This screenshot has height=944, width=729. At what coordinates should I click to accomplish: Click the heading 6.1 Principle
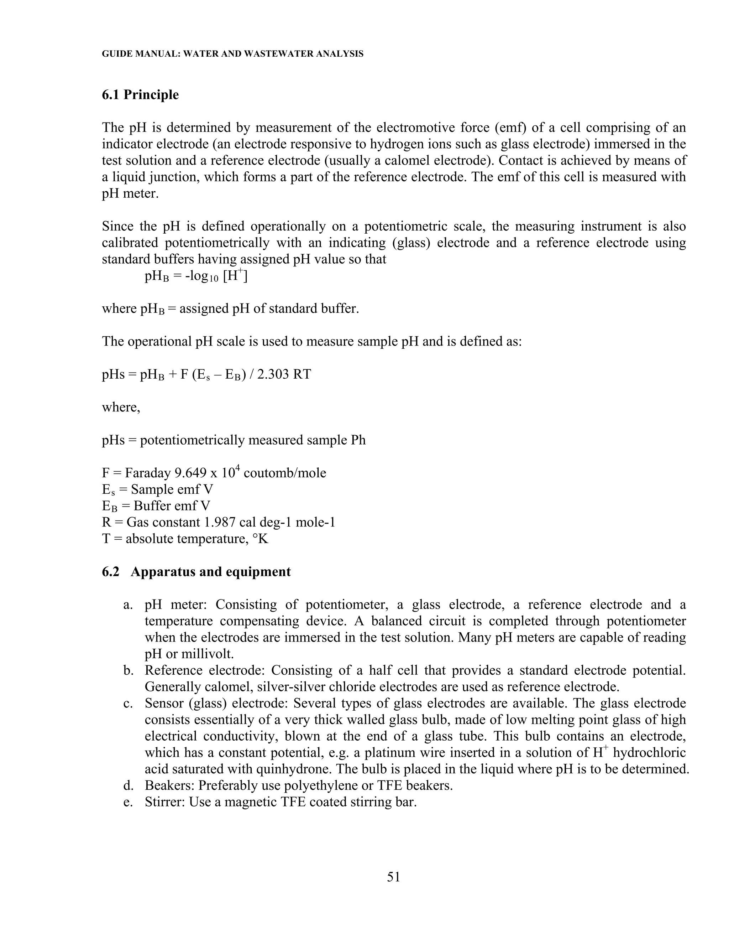(140, 95)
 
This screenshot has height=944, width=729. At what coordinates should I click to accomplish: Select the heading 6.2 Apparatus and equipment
(196, 572)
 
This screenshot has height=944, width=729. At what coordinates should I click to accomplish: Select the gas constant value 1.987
(219, 523)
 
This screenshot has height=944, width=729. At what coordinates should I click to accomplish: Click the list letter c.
(127, 703)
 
